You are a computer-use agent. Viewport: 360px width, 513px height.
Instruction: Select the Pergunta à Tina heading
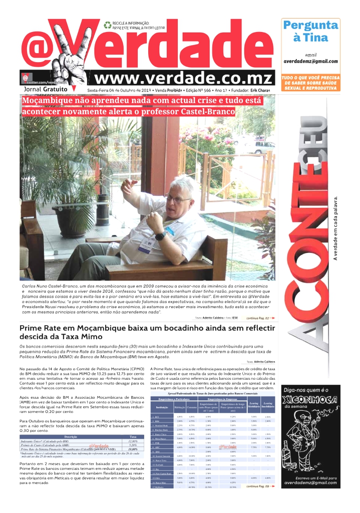coord(310,31)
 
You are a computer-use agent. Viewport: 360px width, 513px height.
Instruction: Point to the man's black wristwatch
coord(160,235)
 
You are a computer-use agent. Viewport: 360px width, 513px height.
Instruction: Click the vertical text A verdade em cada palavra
coord(336,227)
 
